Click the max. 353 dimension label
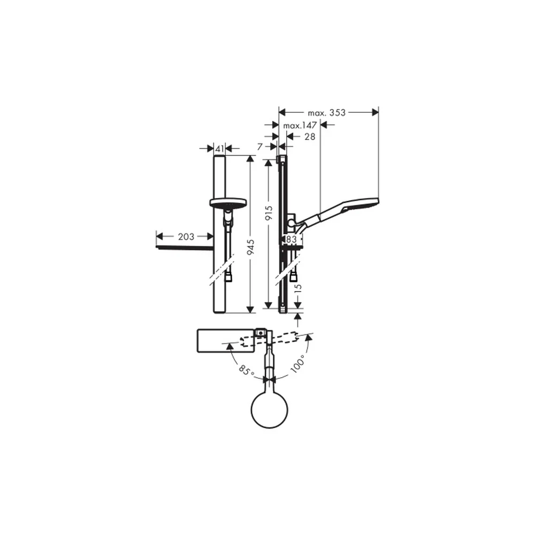tap(326, 112)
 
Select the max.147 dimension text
tap(300, 126)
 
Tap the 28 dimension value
tap(309, 137)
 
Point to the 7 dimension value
tap(260, 147)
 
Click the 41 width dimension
tap(220, 149)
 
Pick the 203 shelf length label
tap(186, 236)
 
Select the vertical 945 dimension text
tap(251, 247)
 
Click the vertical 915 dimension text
tap(269, 213)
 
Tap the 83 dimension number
tap(292, 240)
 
